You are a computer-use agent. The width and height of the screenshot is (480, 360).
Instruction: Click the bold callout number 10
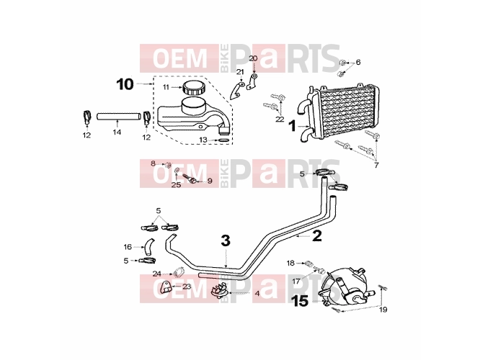(125, 84)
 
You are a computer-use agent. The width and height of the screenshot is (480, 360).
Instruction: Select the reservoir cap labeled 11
(194, 87)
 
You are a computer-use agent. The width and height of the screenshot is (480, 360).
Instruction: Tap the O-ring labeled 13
(223, 140)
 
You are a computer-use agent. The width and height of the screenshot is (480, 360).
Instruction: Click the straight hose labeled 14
(119, 117)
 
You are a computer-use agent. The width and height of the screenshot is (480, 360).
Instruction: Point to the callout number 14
(117, 132)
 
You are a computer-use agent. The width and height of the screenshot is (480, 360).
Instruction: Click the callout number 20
(253, 58)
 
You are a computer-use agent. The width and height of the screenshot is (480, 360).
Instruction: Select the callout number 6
(358, 62)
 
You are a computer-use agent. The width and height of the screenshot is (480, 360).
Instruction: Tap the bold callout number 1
(293, 125)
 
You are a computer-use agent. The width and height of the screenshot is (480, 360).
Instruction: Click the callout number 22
(280, 119)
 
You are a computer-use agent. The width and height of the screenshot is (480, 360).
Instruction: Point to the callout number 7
(376, 166)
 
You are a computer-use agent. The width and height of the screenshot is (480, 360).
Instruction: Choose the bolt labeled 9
(190, 179)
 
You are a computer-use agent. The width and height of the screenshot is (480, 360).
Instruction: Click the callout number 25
(176, 185)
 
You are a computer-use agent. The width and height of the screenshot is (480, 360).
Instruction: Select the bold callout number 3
(226, 240)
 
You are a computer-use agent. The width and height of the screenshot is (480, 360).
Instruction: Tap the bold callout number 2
(317, 235)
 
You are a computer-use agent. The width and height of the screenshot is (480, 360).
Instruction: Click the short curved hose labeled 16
(149, 246)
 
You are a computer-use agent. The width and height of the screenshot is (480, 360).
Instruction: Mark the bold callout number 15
(301, 301)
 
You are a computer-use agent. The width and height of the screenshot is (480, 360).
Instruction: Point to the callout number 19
(383, 310)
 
